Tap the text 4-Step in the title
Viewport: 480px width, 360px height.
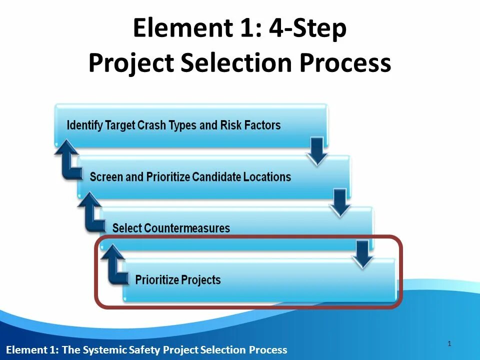pos(307,28)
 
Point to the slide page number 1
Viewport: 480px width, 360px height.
pos(449,343)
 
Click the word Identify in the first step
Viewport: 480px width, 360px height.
pos(84,125)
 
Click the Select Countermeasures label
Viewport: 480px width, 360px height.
pos(171,228)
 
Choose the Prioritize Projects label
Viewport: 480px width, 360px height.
pos(177,280)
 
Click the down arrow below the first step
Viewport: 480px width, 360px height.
pos(317,152)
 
